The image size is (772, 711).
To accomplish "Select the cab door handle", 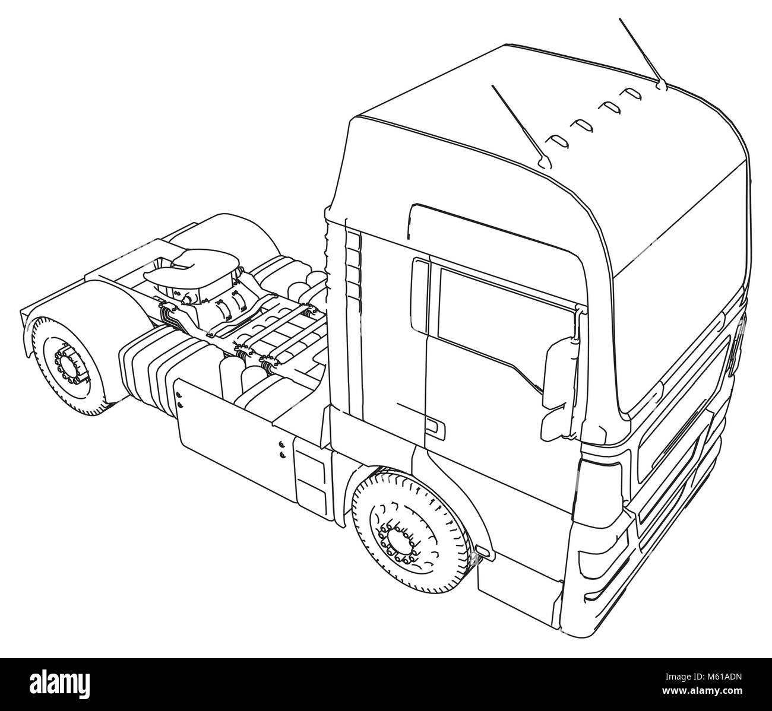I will click(434, 427).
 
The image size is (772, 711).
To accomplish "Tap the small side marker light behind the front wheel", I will click(483, 551).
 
